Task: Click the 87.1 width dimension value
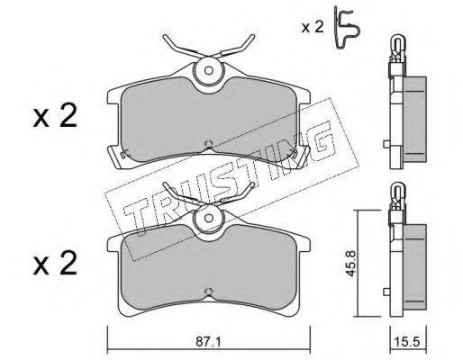(x=208, y=342)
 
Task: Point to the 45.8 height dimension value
(x=351, y=264)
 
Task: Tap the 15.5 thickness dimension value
(x=408, y=342)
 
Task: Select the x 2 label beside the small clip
(x=313, y=27)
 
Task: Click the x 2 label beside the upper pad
(x=55, y=116)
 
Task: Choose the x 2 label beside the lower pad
(x=55, y=264)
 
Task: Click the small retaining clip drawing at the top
(x=347, y=29)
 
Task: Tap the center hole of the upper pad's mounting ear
(x=209, y=70)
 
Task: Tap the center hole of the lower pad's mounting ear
(x=208, y=218)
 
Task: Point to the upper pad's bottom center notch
(x=209, y=145)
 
